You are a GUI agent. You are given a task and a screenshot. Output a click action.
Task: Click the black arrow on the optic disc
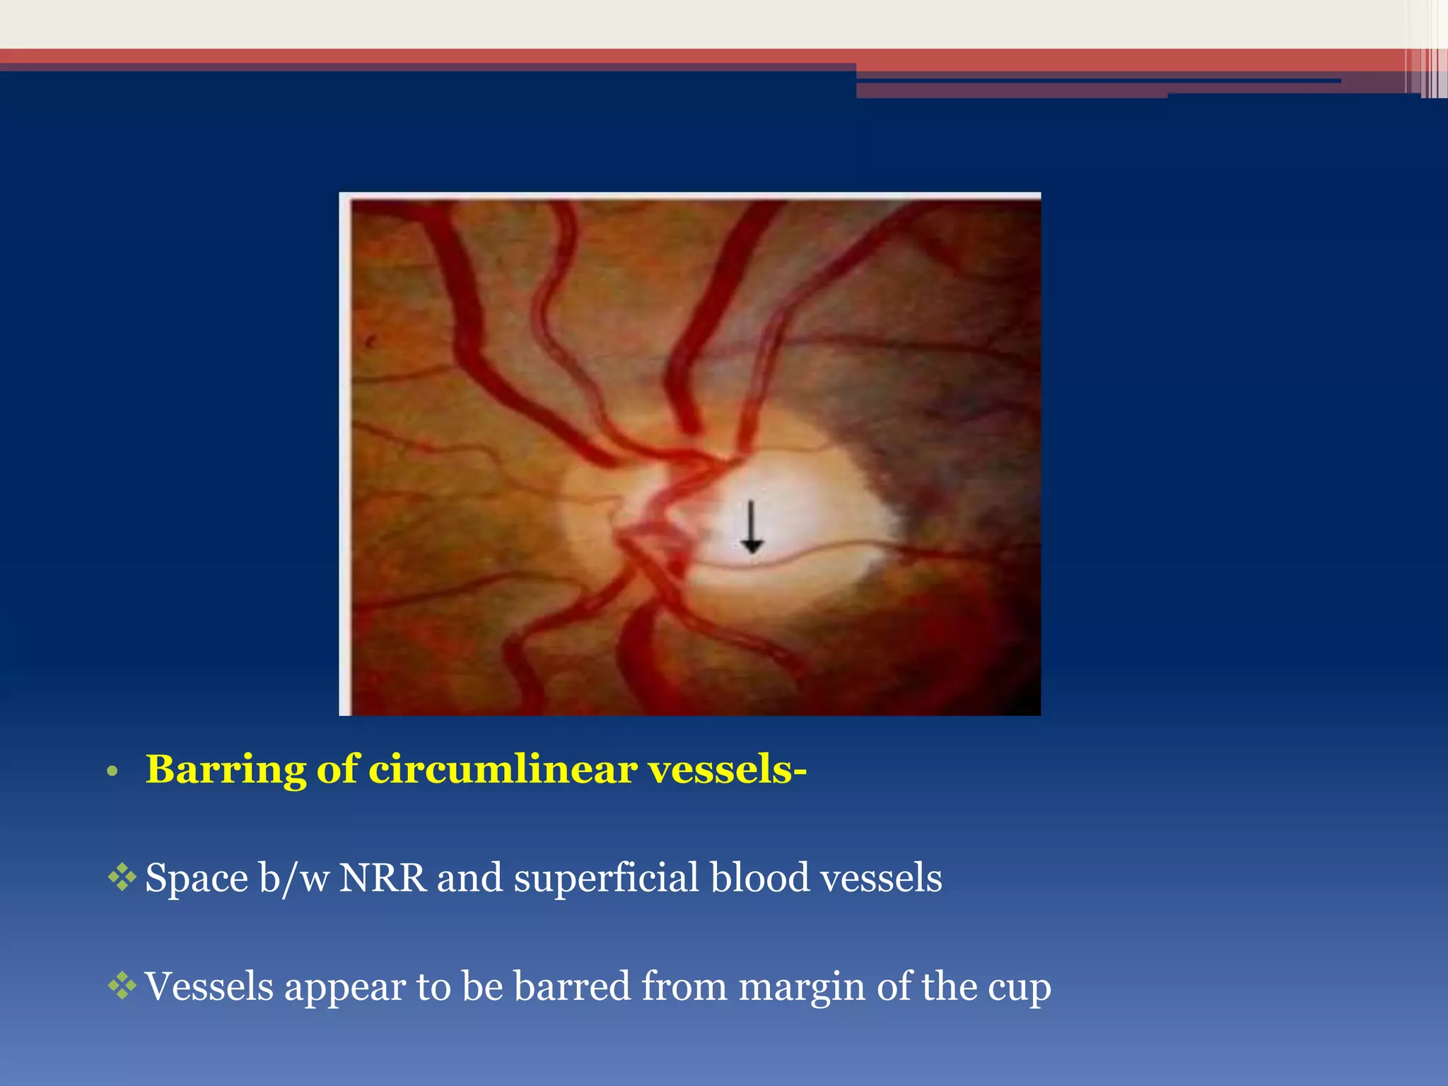752,527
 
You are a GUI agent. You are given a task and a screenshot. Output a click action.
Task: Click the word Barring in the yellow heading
225,769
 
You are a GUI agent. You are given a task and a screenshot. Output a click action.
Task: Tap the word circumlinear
503,769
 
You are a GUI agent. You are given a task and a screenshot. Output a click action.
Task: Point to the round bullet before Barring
111,771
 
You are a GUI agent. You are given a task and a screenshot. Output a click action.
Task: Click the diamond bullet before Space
122,877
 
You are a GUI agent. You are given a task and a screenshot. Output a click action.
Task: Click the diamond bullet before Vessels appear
122,986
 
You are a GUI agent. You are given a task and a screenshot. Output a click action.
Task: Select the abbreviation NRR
383,878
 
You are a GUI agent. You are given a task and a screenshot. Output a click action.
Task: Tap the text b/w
291,878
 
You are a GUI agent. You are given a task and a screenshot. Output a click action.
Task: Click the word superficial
606,878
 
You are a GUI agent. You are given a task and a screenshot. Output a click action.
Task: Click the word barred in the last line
572,986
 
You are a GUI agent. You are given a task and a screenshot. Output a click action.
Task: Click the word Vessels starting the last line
209,986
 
